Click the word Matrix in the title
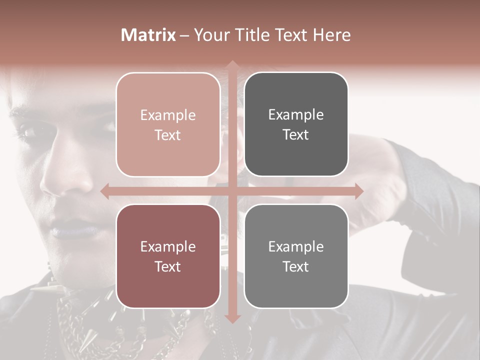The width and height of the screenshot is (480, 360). (148, 35)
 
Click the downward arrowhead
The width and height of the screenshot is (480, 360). (232, 318)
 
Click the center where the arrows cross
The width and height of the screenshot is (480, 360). (232, 191)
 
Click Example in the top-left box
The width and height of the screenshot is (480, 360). (168, 115)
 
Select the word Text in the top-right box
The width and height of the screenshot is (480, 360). (296, 135)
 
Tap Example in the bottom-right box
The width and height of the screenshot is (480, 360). (296, 246)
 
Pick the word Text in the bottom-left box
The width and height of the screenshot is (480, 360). (168, 266)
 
